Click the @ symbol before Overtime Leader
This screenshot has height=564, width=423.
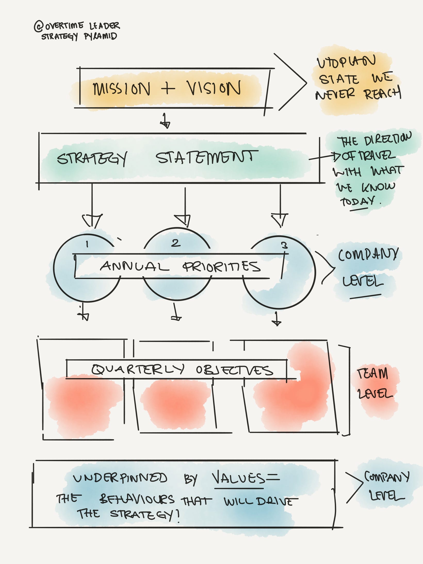[x=39, y=27]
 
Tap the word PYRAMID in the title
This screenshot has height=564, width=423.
[x=101, y=36]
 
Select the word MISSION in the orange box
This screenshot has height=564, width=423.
[x=121, y=89]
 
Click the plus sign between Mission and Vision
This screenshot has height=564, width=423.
[x=168, y=88]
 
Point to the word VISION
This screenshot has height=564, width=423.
[x=214, y=88]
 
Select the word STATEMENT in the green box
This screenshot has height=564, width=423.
[x=207, y=158]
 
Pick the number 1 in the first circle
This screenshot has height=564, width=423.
[x=87, y=244]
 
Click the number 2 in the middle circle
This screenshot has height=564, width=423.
[x=176, y=243]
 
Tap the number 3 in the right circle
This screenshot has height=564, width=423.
[x=284, y=245]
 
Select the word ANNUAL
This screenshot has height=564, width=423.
[x=134, y=266]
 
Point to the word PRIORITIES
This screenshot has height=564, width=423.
[x=222, y=267]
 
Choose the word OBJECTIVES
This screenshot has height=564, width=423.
[x=234, y=370]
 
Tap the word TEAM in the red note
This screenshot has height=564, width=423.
[x=372, y=374]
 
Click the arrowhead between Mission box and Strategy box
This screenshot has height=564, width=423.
[x=165, y=124]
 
